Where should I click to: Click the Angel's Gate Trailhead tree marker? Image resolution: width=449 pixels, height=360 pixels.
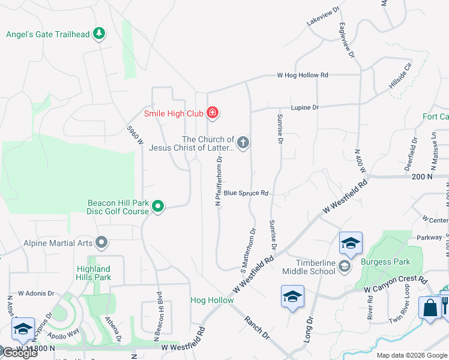click(x=100, y=34)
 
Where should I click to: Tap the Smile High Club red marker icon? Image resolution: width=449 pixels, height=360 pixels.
click(x=212, y=112)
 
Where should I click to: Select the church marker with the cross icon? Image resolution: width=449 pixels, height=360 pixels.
click(x=243, y=143)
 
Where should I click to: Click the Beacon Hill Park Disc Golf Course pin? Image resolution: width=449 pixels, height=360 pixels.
click(x=158, y=207)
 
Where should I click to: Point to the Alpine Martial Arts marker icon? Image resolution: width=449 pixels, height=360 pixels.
click(x=102, y=243)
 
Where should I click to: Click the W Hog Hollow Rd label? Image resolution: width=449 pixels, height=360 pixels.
click(x=303, y=76)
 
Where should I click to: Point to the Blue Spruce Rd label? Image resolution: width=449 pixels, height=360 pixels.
click(x=245, y=193)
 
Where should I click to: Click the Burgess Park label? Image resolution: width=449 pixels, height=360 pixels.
click(x=385, y=262)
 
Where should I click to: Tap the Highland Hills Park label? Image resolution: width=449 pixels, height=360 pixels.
click(x=94, y=273)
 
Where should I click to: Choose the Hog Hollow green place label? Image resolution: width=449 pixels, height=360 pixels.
click(x=212, y=300)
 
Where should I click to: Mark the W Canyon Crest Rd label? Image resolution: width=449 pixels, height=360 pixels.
click(x=396, y=285)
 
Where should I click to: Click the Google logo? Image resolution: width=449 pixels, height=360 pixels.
click(x=20, y=353)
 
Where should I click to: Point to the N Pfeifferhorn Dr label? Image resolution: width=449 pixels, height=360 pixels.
click(x=220, y=181)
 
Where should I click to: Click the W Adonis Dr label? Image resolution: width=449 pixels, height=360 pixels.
click(x=36, y=294)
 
